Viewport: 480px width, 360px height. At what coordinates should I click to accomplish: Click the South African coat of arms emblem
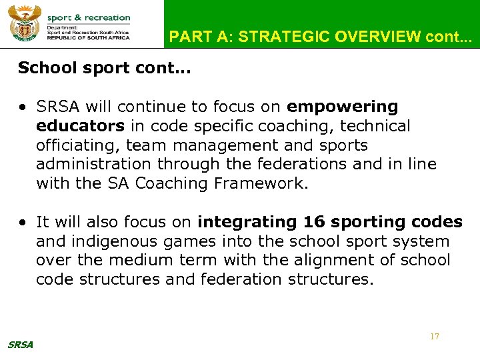click(x=24, y=24)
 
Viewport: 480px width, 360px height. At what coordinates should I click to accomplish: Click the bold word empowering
click(x=342, y=107)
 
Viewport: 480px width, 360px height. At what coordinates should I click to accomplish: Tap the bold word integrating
click(x=248, y=222)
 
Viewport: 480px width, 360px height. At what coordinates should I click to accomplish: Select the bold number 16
click(x=315, y=222)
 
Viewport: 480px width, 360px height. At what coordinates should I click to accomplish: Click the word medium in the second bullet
click(x=130, y=261)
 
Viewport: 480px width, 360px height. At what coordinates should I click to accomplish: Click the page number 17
click(x=435, y=337)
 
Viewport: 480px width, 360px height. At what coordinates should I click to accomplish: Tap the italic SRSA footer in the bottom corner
click(x=20, y=345)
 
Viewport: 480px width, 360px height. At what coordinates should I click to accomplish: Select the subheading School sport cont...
click(x=104, y=69)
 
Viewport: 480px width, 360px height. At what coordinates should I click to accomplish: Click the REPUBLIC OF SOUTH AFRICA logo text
click(x=88, y=38)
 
